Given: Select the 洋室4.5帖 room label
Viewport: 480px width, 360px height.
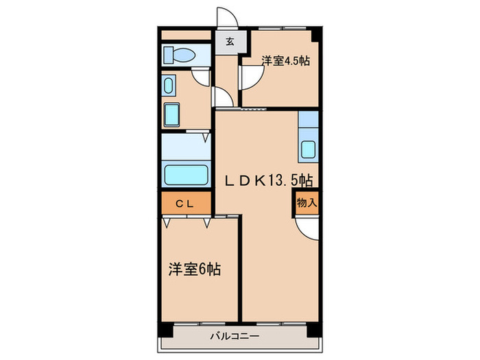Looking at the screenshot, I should [x=285, y=61].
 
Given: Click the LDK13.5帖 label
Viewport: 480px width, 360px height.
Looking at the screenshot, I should [x=272, y=180].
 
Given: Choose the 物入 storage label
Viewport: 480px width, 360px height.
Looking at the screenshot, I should [x=307, y=203].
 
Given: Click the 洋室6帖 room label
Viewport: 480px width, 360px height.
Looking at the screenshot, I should [x=194, y=269].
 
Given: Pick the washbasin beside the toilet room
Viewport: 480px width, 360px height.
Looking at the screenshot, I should [x=169, y=86].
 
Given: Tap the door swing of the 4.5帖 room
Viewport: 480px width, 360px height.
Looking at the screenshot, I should [x=250, y=77].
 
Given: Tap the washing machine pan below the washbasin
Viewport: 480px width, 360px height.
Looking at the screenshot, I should [x=171, y=113].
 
